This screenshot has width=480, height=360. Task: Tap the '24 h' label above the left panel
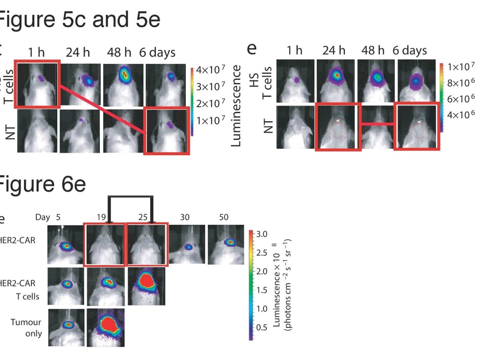[78, 52]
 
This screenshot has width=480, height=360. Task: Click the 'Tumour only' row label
[26, 327]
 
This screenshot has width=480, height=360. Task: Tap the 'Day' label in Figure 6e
[43, 217]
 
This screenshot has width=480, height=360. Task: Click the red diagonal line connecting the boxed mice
[102, 107]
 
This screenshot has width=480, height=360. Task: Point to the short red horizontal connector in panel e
[378, 124]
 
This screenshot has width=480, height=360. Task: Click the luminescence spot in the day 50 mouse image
[230, 242]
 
